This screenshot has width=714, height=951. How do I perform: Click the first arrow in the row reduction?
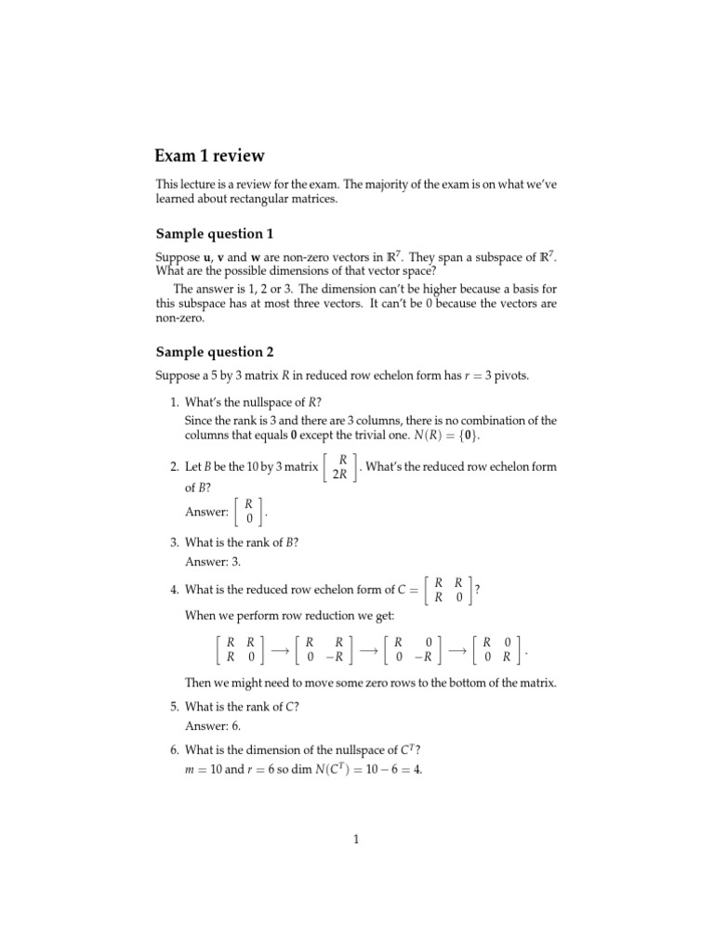[277, 650]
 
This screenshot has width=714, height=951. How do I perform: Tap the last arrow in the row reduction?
[456, 650]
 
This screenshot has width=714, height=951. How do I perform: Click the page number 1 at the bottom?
[356, 840]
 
